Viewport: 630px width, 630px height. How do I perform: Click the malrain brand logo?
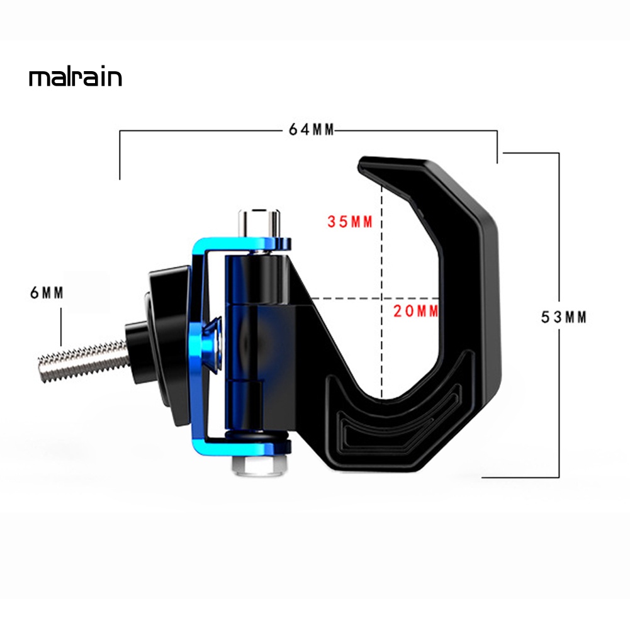coord(75,78)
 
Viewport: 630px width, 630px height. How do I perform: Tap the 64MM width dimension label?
coord(311,130)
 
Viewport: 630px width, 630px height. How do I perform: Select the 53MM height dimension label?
coord(564,317)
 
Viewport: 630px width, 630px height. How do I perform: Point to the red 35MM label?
coord(350,222)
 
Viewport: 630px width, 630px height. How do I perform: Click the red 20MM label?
coord(415,310)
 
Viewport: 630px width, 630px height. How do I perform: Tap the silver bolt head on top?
coord(258,220)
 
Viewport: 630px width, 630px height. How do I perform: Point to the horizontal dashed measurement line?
coord(352,298)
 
